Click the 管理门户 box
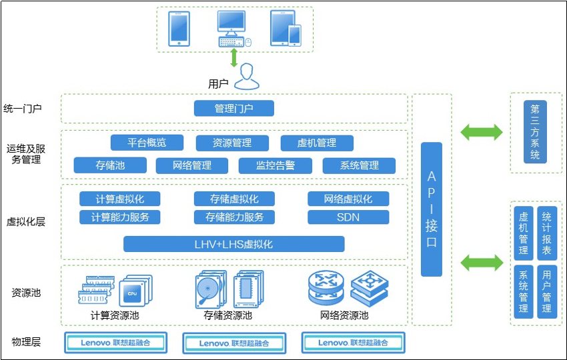(234, 108)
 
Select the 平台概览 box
(147, 143)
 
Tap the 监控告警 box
(275, 165)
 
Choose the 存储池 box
(110, 165)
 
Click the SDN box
(348, 217)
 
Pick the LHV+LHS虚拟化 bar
(234, 244)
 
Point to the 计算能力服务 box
(120, 217)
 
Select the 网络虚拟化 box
(348, 199)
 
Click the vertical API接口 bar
(432, 209)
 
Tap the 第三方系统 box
(535, 132)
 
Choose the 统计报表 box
(547, 233)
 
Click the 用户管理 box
(547, 291)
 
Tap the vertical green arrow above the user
(234, 57)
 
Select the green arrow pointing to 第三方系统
(481, 131)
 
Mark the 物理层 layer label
(26, 342)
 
